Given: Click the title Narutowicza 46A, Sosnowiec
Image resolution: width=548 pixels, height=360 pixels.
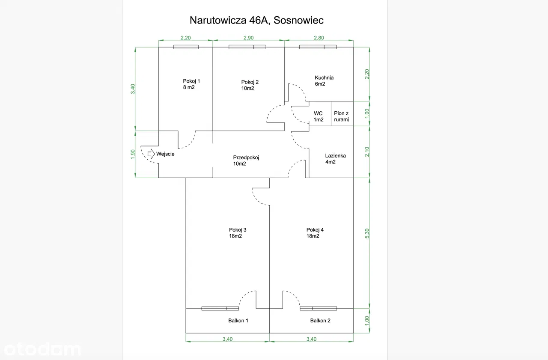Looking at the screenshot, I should [x=256, y=20].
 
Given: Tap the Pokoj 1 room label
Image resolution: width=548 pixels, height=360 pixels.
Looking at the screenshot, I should [x=191, y=84].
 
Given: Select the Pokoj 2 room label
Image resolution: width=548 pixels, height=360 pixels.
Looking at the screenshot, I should [x=250, y=85].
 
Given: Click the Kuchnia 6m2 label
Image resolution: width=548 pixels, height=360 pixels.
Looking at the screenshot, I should [x=324, y=80].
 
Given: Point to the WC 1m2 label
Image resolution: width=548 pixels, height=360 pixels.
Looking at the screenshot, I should [x=318, y=116].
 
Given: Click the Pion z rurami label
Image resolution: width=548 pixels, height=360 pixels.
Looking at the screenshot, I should [x=342, y=116].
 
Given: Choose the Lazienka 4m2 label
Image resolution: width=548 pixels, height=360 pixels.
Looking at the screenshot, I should [x=335, y=159].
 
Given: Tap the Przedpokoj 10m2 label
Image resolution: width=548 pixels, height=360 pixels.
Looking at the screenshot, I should [x=246, y=161].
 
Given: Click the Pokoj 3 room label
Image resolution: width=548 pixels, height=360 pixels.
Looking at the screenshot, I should [x=238, y=233].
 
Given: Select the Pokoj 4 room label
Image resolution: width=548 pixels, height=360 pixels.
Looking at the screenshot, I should [x=315, y=233].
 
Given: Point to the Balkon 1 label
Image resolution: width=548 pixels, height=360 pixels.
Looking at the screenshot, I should [x=238, y=320].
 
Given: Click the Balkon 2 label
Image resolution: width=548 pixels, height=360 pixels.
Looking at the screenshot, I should [x=320, y=320].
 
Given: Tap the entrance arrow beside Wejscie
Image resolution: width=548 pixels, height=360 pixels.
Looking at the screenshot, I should [x=151, y=154].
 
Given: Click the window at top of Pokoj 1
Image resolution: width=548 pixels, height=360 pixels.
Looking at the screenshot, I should [x=186, y=47].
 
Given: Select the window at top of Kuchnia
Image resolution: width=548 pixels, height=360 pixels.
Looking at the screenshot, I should [x=318, y=47].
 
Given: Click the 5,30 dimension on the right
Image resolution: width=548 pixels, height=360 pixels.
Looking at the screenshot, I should [x=367, y=234].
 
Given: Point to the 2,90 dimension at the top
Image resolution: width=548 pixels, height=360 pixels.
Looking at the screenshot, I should [x=248, y=38].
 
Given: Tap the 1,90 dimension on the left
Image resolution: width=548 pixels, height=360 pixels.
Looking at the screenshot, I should [x=133, y=154].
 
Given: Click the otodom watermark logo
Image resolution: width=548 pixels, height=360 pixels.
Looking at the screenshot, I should [x=41, y=350].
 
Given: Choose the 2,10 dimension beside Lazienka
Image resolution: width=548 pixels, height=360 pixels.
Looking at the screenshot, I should [x=367, y=152].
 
